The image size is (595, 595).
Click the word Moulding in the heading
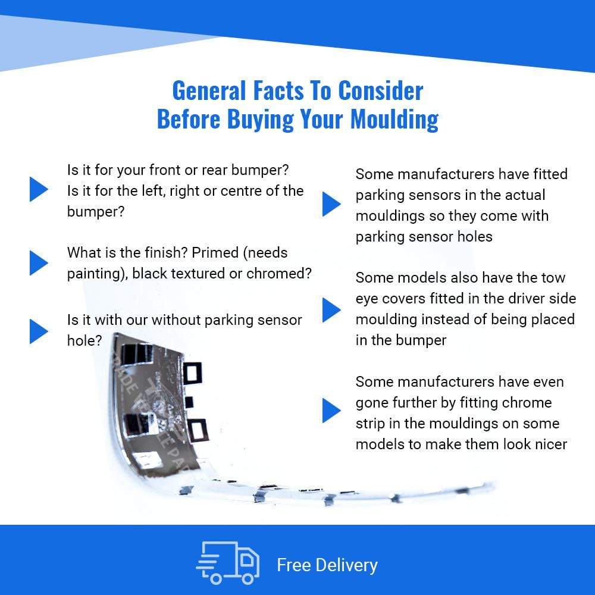pos(394,120)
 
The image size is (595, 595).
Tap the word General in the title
pos(209,91)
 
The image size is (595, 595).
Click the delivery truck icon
pos(228,563)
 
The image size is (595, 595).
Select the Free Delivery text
pos(327,565)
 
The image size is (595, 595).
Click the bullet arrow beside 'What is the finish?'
pos(39,262)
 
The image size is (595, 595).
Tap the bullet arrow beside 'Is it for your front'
pos(39,189)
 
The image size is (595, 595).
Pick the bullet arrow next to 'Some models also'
pos(331,309)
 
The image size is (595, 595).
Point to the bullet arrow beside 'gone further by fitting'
pos(331,411)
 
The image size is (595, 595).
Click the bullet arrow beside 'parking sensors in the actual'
pos(331,204)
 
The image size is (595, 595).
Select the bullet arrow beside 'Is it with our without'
pos(39,331)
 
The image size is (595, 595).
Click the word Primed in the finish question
pos(215,253)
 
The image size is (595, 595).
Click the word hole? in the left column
pos(84,341)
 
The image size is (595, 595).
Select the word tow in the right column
pos(553,278)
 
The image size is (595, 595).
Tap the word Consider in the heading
pos(380,91)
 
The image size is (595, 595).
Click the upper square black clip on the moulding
pos(192,372)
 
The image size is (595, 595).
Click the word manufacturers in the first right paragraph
pos(446,174)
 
